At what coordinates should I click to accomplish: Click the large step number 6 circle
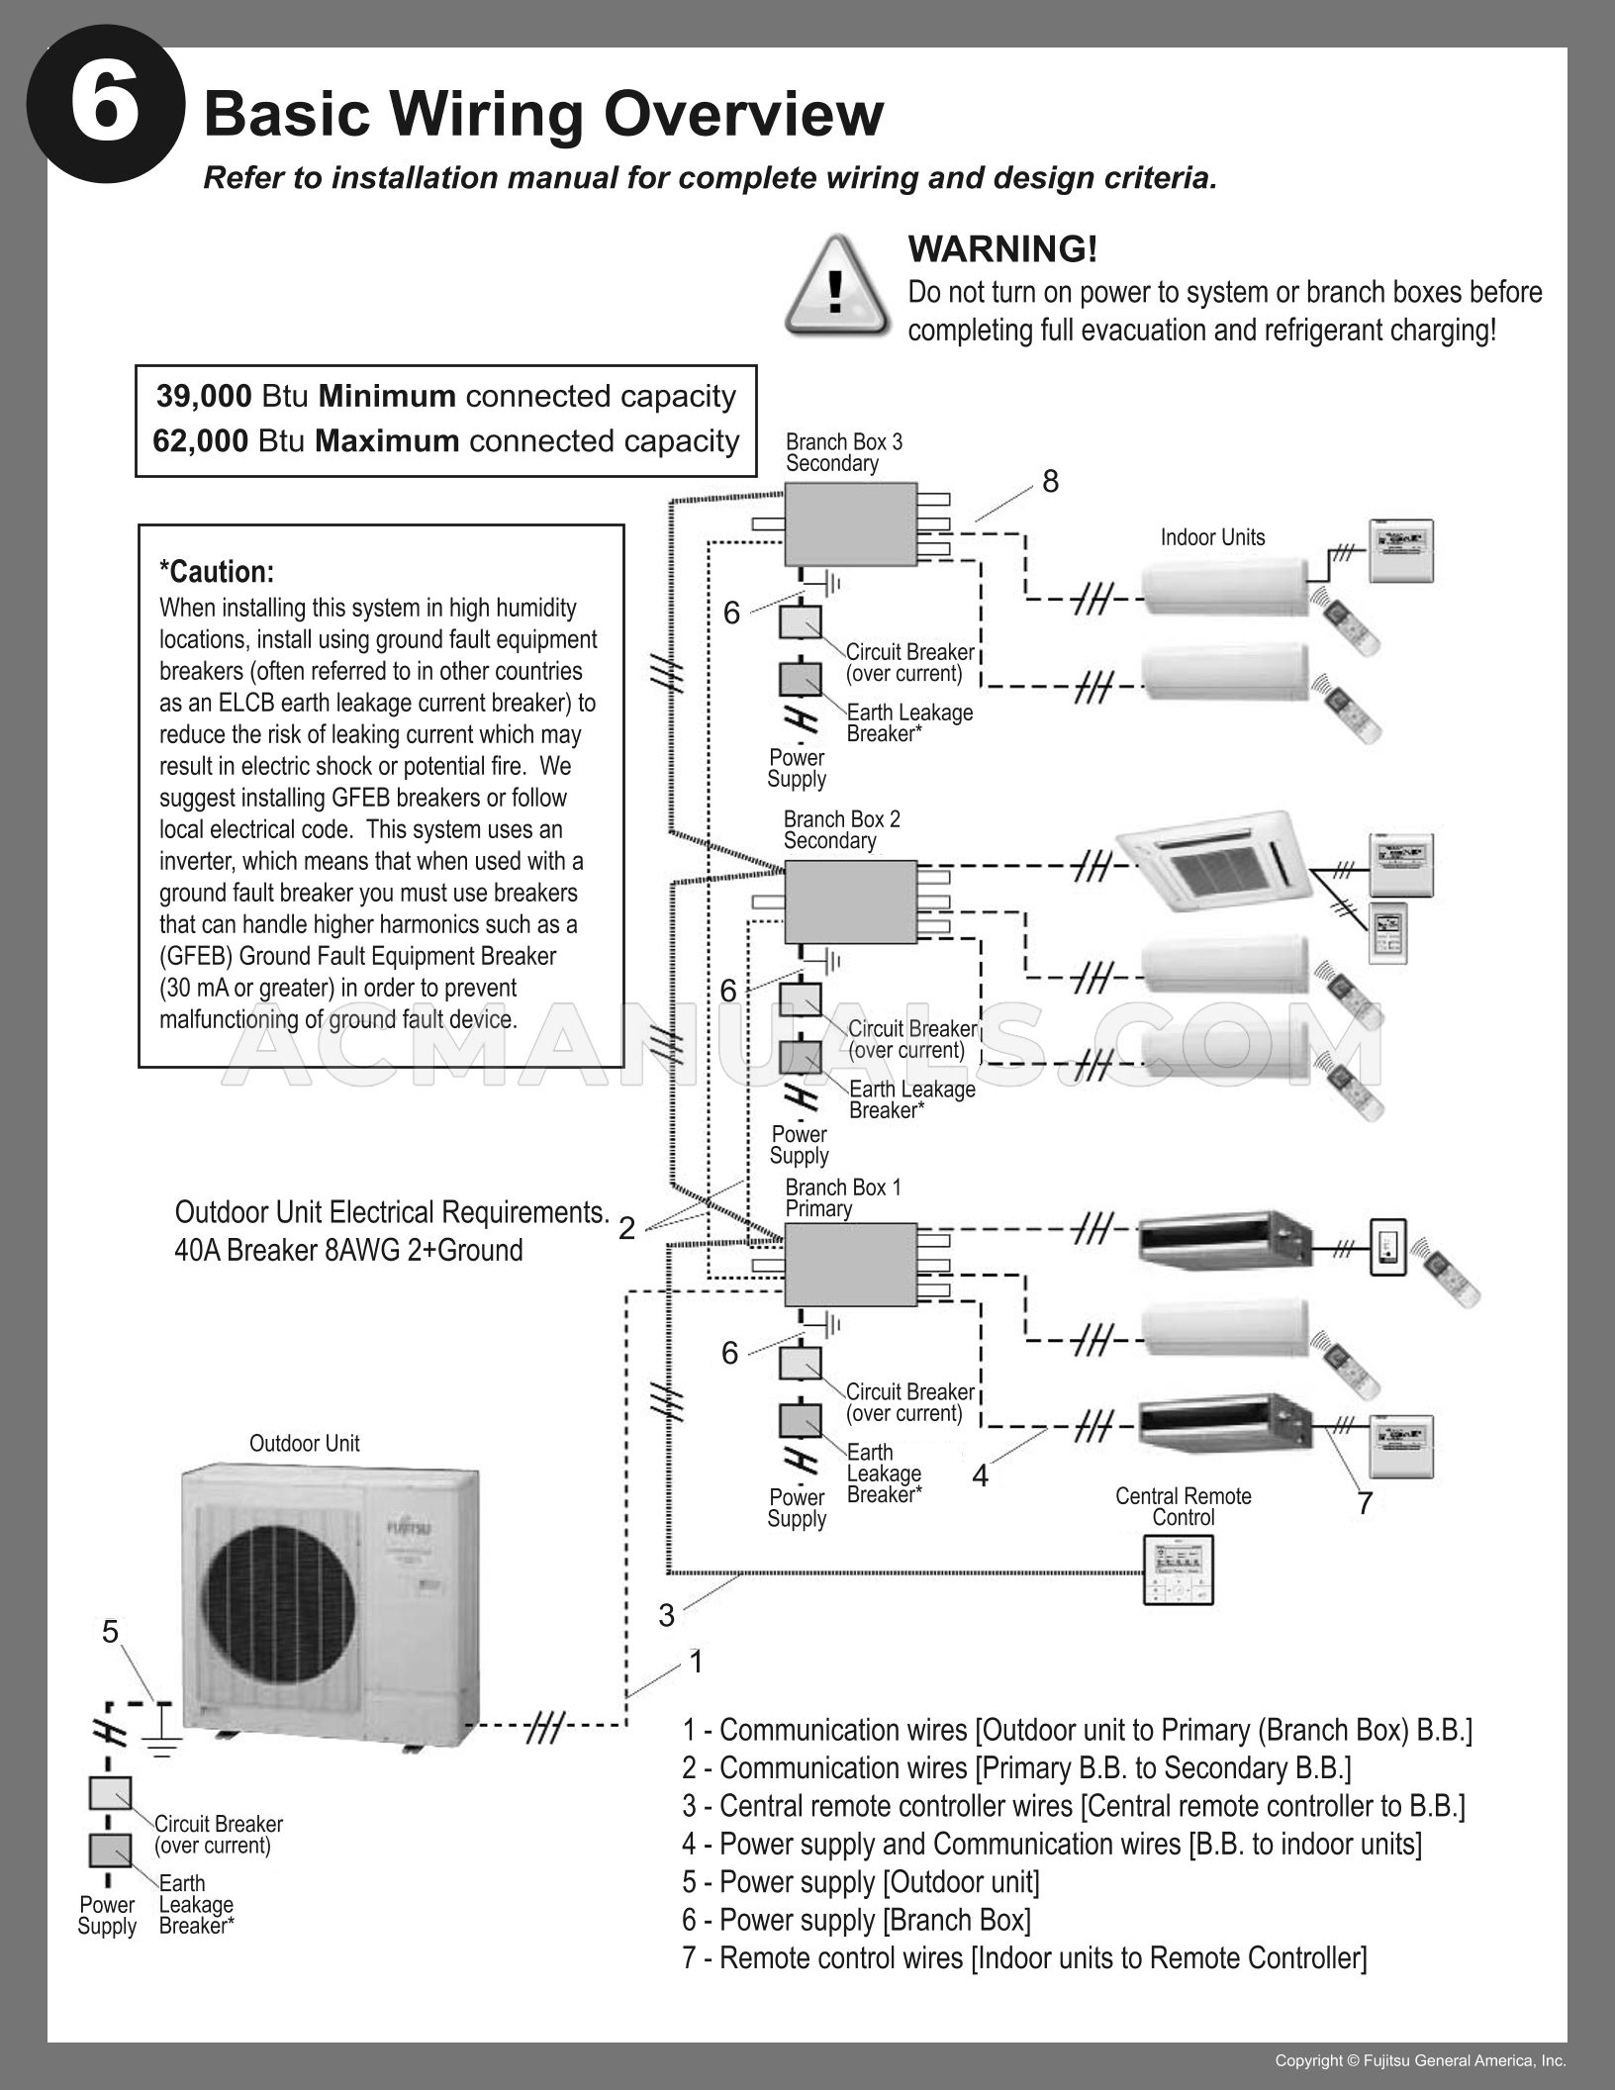105,105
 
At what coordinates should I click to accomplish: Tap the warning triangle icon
837,287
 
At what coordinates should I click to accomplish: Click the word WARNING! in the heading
1002,248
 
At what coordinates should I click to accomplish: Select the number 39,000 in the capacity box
204,396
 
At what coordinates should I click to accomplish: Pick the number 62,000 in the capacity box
201,440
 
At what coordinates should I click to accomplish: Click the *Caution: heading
217,572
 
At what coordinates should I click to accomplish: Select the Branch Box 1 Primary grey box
850,1264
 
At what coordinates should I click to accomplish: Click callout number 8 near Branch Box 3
1050,481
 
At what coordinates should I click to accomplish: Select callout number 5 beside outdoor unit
110,1631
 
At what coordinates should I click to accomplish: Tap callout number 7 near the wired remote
1365,1503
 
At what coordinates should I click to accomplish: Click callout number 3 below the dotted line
666,1615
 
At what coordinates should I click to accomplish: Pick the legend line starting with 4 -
1051,1843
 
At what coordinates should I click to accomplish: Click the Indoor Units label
1212,537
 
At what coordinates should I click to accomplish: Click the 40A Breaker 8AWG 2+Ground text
348,1250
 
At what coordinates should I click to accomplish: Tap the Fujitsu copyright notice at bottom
1420,2060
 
